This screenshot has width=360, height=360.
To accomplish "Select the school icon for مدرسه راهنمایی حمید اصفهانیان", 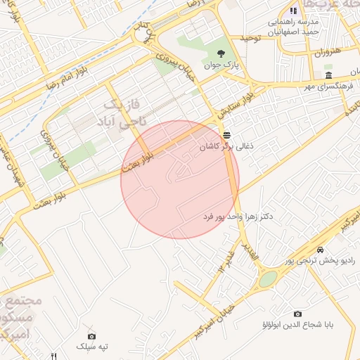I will tap(293, 11).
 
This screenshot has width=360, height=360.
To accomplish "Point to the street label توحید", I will tap(250, 37).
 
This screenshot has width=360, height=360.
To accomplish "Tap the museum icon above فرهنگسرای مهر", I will tap(328, 75).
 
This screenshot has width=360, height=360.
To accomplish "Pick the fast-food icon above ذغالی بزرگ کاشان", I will tap(226, 135).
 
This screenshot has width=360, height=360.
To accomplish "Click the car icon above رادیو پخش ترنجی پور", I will tap(320, 250).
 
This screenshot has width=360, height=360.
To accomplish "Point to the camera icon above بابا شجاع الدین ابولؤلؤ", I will tap(297, 314).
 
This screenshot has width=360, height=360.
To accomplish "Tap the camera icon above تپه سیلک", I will tap(91, 336).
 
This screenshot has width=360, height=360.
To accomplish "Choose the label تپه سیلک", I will tap(94, 347).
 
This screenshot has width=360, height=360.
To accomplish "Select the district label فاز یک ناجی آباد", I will tap(124, 113).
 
